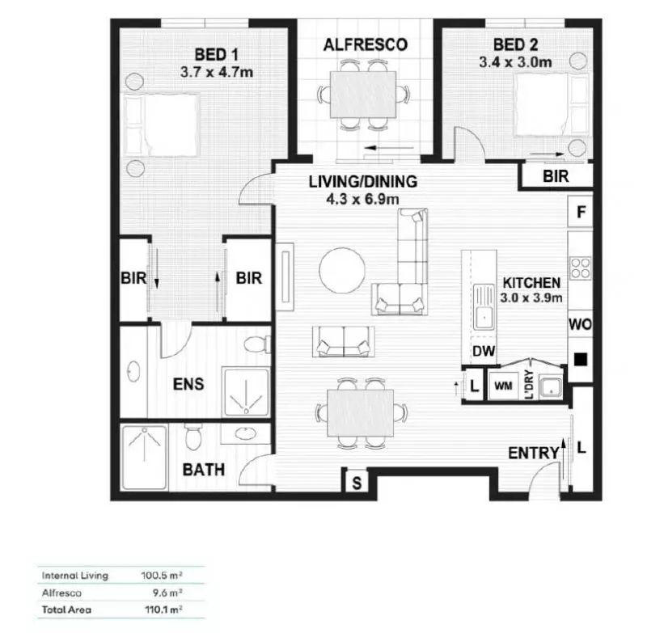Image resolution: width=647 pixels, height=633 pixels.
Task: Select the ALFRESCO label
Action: coord(365,44)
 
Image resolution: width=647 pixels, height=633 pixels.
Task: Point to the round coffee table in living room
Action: coord(341,271)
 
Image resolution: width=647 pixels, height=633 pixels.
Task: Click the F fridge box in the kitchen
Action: coord(580,214)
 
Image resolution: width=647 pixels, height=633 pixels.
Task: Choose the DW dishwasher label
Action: coord(484,352)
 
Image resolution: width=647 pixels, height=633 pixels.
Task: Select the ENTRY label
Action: coord(533,454)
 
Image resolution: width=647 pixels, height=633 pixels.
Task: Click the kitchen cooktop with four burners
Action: coord(579,268)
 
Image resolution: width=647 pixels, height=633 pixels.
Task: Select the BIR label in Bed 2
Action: coord(555,175)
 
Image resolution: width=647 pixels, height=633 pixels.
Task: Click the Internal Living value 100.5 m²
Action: coord(161,576)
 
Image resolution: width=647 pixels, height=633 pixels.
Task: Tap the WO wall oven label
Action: coord(580,324)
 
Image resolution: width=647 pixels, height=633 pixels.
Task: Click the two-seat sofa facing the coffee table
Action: coord(345,341)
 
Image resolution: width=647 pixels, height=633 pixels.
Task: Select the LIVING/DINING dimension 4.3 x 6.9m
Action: coord(363,198)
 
